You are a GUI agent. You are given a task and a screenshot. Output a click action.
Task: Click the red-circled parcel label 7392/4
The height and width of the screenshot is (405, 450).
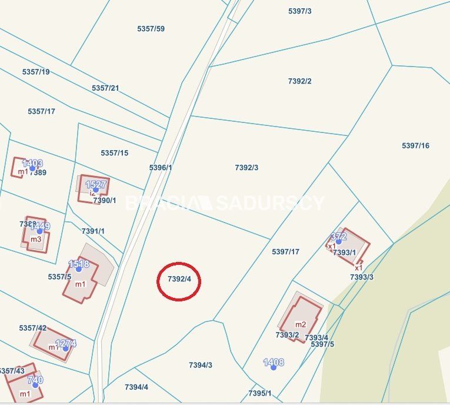tap(179, 279)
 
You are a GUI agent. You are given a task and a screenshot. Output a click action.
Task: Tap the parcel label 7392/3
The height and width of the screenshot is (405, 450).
tap(246, 168)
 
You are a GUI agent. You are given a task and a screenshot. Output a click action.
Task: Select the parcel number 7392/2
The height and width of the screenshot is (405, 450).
tap(299, 81)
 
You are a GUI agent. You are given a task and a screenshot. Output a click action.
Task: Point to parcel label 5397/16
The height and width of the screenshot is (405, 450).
tap(415, 146)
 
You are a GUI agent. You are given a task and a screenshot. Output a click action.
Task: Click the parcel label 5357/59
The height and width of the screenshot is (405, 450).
tap(151, 29)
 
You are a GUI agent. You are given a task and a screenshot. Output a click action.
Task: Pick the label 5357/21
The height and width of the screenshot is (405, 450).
tap(105, 88)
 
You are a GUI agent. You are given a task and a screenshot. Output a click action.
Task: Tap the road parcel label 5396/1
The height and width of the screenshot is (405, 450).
tap(161, 168)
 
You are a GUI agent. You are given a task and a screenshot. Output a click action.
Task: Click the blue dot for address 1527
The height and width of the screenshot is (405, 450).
tap(96, 190)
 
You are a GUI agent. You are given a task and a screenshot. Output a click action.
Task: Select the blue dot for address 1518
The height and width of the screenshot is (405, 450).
tap(79, 269)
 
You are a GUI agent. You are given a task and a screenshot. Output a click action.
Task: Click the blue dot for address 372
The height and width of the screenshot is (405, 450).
tap(338, 241)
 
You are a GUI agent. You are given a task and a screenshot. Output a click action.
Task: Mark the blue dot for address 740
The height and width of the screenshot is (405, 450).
tap(35, 385)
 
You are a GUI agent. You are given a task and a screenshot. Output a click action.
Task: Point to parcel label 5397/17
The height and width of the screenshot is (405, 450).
tap(285, 252)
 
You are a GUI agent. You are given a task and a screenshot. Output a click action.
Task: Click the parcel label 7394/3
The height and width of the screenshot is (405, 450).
tap(200, 365)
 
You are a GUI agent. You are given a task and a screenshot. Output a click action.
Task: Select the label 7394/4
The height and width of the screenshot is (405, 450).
tap(136, 387)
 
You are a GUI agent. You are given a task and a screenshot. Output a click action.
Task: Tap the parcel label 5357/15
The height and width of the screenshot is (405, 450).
tap(114, 153)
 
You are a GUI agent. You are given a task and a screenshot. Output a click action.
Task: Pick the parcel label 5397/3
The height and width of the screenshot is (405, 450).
tap(300, 11)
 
